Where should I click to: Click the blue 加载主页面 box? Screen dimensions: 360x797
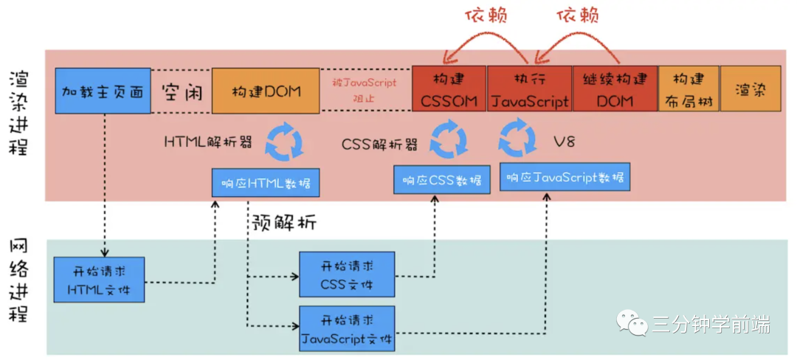click(x=103, y=91)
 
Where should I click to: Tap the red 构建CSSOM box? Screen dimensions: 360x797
click(x=449, y=89)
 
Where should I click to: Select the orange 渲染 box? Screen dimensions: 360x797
click(x=750, y=89)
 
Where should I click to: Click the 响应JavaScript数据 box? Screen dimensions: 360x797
click(x=565, y=178)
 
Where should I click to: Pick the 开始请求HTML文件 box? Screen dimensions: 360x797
click(x=99, y=280)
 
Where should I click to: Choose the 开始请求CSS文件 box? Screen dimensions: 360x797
click(x=346, y=274)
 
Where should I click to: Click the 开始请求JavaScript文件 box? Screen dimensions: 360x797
click(x=346, y=328)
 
